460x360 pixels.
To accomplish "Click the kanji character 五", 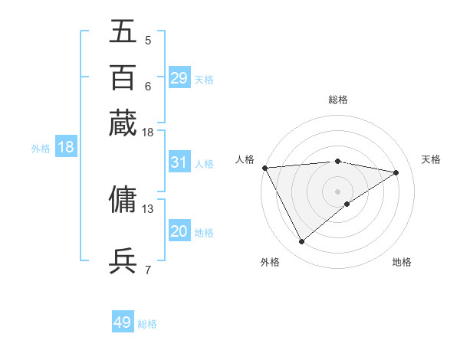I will coord(123,32).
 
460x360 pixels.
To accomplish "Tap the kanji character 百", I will coord(123,77).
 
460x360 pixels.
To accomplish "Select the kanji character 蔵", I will coord(123,123).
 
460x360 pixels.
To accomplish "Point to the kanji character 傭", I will coord(123,199).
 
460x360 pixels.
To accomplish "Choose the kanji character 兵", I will coord(123,260).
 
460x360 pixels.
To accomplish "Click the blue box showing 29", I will coord(179,78).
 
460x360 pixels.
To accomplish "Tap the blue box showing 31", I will coord(179,162).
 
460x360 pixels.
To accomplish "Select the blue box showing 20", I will coord(179,231).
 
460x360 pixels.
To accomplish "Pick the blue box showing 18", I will coord(66,148).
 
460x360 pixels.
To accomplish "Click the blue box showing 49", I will coord(123,322).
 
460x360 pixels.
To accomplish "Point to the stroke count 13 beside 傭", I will coord(148,208).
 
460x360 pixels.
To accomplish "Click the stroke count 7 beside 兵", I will coord(148,269).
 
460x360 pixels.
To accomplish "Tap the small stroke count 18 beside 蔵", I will coord(148,133).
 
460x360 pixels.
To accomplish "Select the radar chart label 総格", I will coord(338,100).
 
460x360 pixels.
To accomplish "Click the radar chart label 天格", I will coord(432,159).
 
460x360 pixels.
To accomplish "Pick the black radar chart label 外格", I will coord(270,262).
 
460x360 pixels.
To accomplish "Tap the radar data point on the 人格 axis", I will coord(264,168).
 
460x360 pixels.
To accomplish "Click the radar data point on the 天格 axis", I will coord(396,172).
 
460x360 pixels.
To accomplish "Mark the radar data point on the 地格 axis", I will coord(347,204).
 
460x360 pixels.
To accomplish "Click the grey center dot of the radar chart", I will coord(338,191).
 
